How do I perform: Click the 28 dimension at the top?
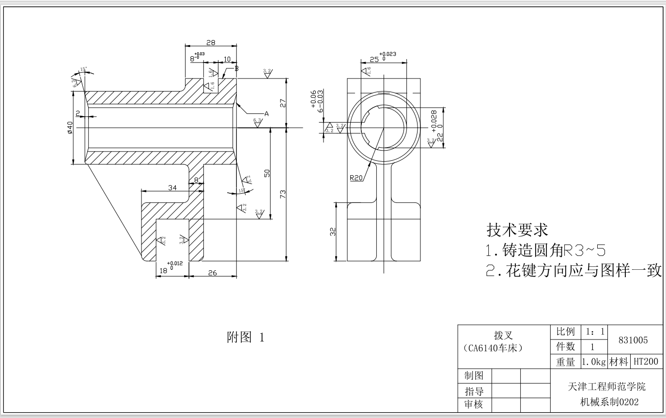point(211,43)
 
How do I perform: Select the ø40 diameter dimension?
point(70,128)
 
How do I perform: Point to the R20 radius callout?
point(356,178)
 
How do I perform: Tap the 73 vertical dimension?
point(283,194)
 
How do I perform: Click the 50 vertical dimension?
point(267,173)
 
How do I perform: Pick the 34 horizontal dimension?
point(172,187)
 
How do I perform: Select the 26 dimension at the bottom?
point(213,273)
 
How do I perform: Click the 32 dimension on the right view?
point(333,232)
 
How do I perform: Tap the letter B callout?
point(236,68)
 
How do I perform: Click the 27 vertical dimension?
point(283,103)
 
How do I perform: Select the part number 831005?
point(633,340)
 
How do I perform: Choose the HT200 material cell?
point(645,361)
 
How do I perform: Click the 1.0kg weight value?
point(594,361)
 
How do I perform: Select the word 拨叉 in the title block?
point(503,336)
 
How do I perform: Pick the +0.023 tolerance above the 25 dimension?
point(387,54)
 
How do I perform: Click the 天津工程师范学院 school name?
point(606,387)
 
